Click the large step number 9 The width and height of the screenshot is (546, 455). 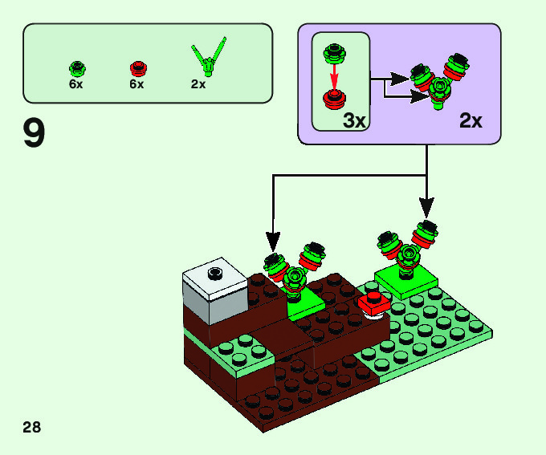tap(34, 134)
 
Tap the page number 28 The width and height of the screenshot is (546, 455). tap(32, 426)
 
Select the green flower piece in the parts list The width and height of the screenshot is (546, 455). tap(78, 67)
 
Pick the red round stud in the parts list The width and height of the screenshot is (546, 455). tap(136, 67)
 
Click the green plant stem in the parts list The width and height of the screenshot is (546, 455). tap(208, 57)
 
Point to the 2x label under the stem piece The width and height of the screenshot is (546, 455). tap(198, 83)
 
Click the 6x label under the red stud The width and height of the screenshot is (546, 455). tap(136, 83)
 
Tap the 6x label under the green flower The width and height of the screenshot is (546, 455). tap(77, 83)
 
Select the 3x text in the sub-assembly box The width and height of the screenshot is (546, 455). tap(353, 120)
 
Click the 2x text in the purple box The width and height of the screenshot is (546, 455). tap(471, 120)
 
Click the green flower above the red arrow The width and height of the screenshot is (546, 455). tap(334, 55)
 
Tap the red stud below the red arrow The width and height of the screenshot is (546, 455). tap(334, 99)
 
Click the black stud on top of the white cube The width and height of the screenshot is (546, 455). tap(214, 273)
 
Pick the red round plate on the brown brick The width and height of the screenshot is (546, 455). tap(373, 303)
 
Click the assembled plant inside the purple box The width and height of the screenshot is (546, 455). tap(439, 80)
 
